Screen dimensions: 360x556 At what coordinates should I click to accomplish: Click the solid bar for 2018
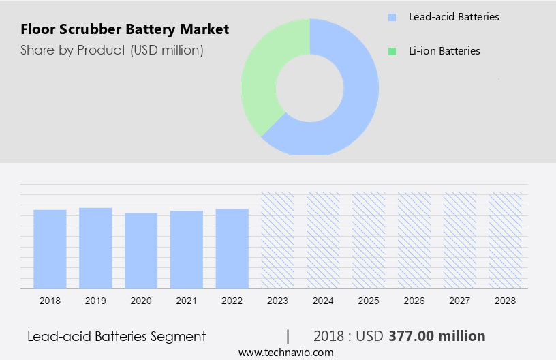[x=50, y=249]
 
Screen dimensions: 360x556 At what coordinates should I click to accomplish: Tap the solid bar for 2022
[x=232, y=248]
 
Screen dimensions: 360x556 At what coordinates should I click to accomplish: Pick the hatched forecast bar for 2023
[x=278, y=240]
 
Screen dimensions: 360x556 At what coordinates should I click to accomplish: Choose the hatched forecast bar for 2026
[x=414, y=240]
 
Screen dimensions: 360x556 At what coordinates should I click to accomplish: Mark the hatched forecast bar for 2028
[x=506, y=240]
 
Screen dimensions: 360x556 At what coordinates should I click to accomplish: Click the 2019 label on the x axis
[x=95, y=301]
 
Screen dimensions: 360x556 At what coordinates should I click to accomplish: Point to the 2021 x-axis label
[x=187, y=301]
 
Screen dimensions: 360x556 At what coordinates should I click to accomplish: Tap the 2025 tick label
[x=369, y=301]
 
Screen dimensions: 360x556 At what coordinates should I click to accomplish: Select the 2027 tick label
[x=460, y=301]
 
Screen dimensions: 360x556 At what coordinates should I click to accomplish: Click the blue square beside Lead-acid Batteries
[x=392, y=17]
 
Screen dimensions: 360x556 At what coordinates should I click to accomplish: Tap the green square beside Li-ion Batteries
[x=392, y=51]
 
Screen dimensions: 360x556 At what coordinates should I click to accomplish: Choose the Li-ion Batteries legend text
[x=444, y=51]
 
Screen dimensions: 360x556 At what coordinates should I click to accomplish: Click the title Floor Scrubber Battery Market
[x=125, y=29]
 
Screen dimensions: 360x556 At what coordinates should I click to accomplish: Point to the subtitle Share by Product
[x=112, y=50]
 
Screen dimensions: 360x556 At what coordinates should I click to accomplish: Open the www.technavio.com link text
[x=286, y=352]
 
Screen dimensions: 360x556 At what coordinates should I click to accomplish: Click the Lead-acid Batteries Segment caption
[x=117, y=336]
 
